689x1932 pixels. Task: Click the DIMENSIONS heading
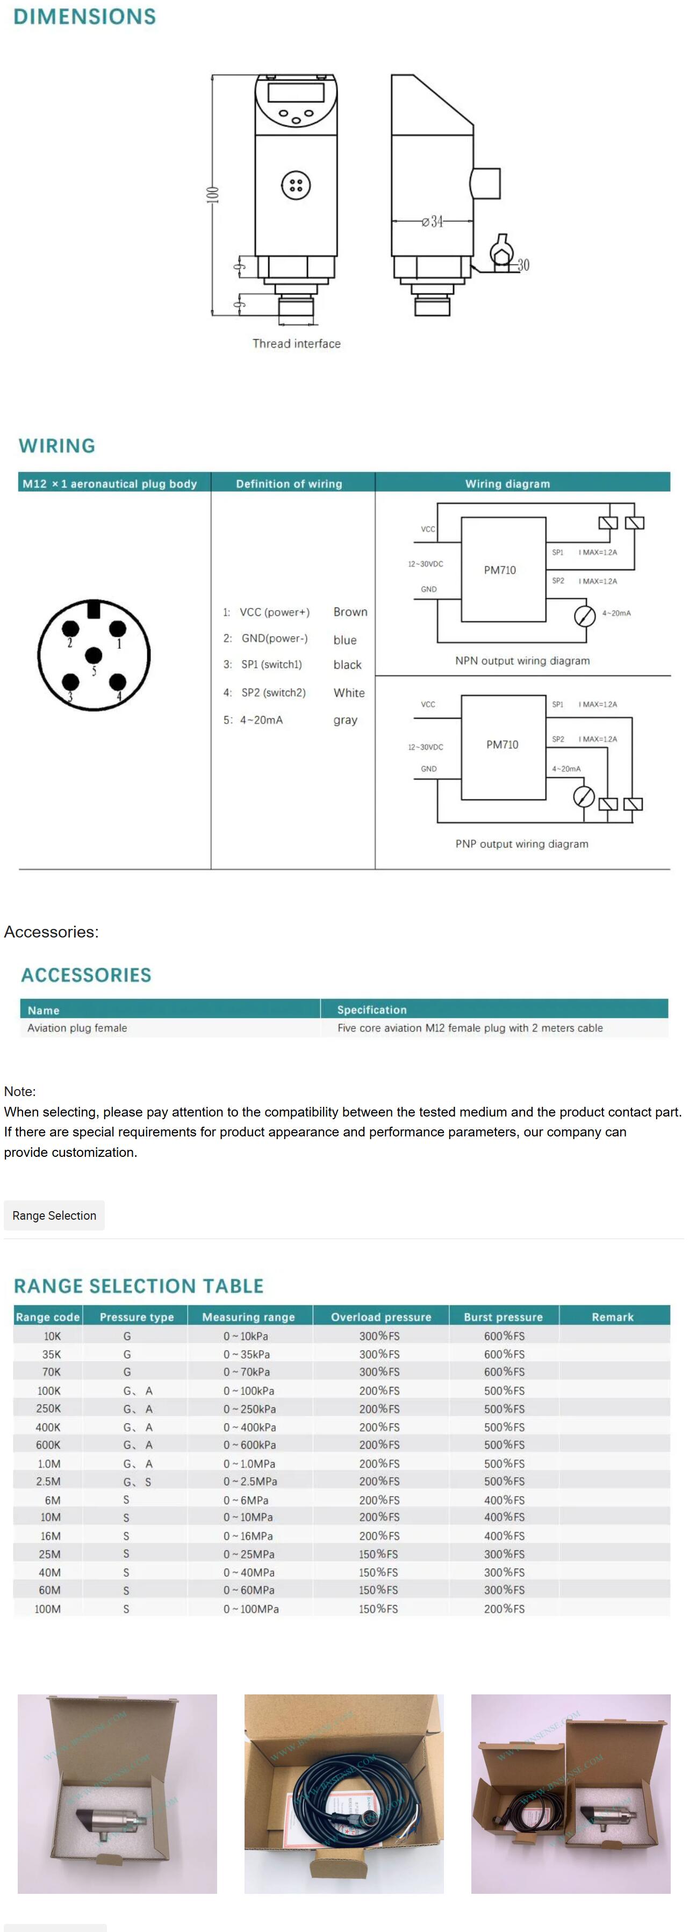coord(85,17)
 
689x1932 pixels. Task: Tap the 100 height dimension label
coord(213,194)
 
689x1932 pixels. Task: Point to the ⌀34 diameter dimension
coord(433,221)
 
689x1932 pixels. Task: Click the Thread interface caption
coord(296,344)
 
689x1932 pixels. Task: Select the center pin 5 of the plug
coord(94,655)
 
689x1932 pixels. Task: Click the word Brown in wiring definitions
coord(350,612)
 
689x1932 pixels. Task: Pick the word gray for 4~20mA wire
coord(345,720)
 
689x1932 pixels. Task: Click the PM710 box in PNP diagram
coord(503,745)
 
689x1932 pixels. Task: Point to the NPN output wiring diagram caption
coord(522,661)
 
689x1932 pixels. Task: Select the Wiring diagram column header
coord(507,484)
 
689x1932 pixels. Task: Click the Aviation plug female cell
coord(77,1027)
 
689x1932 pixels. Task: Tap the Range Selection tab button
coord(54,1215)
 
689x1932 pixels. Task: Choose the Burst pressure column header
coord(503,1316)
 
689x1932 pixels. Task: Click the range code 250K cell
coord(49,1408)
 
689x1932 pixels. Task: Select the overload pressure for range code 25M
coord(378,1554)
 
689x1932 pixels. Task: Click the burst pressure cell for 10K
coord(504,1336)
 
